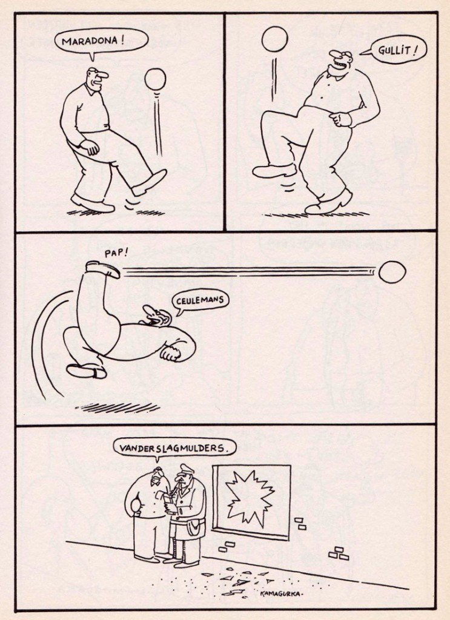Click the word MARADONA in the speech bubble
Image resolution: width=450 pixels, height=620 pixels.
coord(90,41)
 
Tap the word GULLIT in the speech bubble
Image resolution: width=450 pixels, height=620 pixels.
coord(395,51)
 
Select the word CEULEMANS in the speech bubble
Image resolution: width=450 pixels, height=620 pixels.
coord(200,300)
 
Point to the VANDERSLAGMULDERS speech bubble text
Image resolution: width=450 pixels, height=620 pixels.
coord(173,449)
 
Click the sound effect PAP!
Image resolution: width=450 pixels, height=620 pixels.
coord(116,253)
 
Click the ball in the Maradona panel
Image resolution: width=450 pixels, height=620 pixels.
coord(155,79)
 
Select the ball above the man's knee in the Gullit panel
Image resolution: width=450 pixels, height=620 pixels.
coord(274,39)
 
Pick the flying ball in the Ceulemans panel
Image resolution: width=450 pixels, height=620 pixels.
coord(392,272)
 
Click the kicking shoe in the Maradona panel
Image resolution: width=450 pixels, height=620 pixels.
coord(149,182)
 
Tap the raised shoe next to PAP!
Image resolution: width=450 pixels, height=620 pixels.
coord(103,269)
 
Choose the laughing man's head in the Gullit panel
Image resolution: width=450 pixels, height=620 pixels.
coord(340,61)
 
